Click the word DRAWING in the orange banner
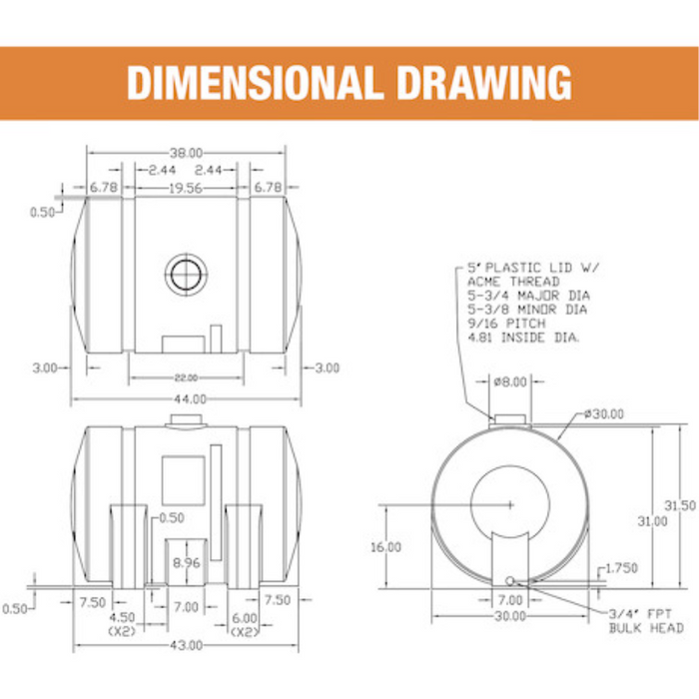(484, 83)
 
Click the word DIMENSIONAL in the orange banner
(255, 83)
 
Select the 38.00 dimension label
(187, 153)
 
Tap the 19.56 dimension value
(186, 188)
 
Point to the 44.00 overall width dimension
(191, 399)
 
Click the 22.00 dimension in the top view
(187, 378)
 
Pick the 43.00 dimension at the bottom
(187, 645)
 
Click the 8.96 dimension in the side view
(187, 562)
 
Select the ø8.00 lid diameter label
(510, 381)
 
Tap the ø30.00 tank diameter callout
(604, 414)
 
